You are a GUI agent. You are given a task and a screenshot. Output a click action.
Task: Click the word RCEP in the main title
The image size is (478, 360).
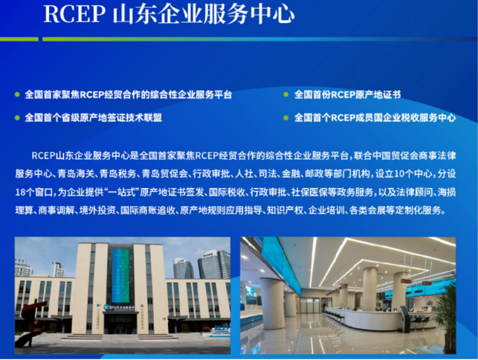(74, 13)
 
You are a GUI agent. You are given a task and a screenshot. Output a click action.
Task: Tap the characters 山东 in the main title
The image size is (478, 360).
(135, 14)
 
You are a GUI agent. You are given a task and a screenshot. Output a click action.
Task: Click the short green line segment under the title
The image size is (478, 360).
(19, 39)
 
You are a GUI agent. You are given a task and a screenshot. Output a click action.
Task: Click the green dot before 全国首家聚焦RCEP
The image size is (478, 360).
(17, 94)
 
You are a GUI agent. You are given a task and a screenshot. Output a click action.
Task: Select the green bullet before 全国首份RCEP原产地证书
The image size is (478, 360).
(286, 94)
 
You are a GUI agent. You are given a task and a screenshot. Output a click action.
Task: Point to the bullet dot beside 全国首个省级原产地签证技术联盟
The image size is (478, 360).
(17, 118)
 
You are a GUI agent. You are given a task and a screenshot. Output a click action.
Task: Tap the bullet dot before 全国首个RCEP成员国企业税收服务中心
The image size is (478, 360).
(286, 118)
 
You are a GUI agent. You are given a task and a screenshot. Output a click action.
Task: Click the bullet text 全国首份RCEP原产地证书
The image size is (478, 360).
(347, 94)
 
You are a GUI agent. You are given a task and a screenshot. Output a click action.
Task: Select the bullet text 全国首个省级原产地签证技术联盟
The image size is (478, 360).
(93, 118)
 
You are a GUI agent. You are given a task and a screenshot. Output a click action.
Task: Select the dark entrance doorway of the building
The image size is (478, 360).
(120, 324)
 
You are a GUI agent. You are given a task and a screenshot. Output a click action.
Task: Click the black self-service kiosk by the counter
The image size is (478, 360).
(405, 319)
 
